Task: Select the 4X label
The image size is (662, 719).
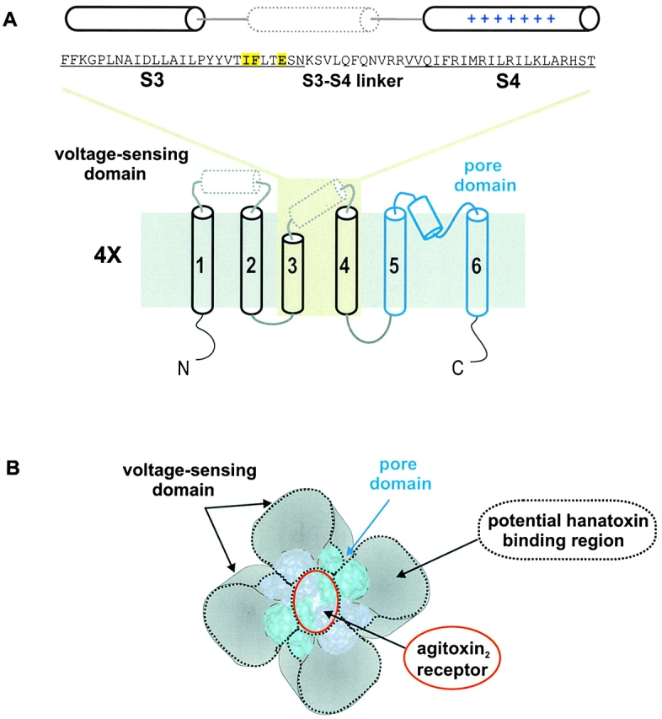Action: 110,255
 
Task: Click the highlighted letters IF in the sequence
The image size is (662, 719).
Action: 250,59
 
